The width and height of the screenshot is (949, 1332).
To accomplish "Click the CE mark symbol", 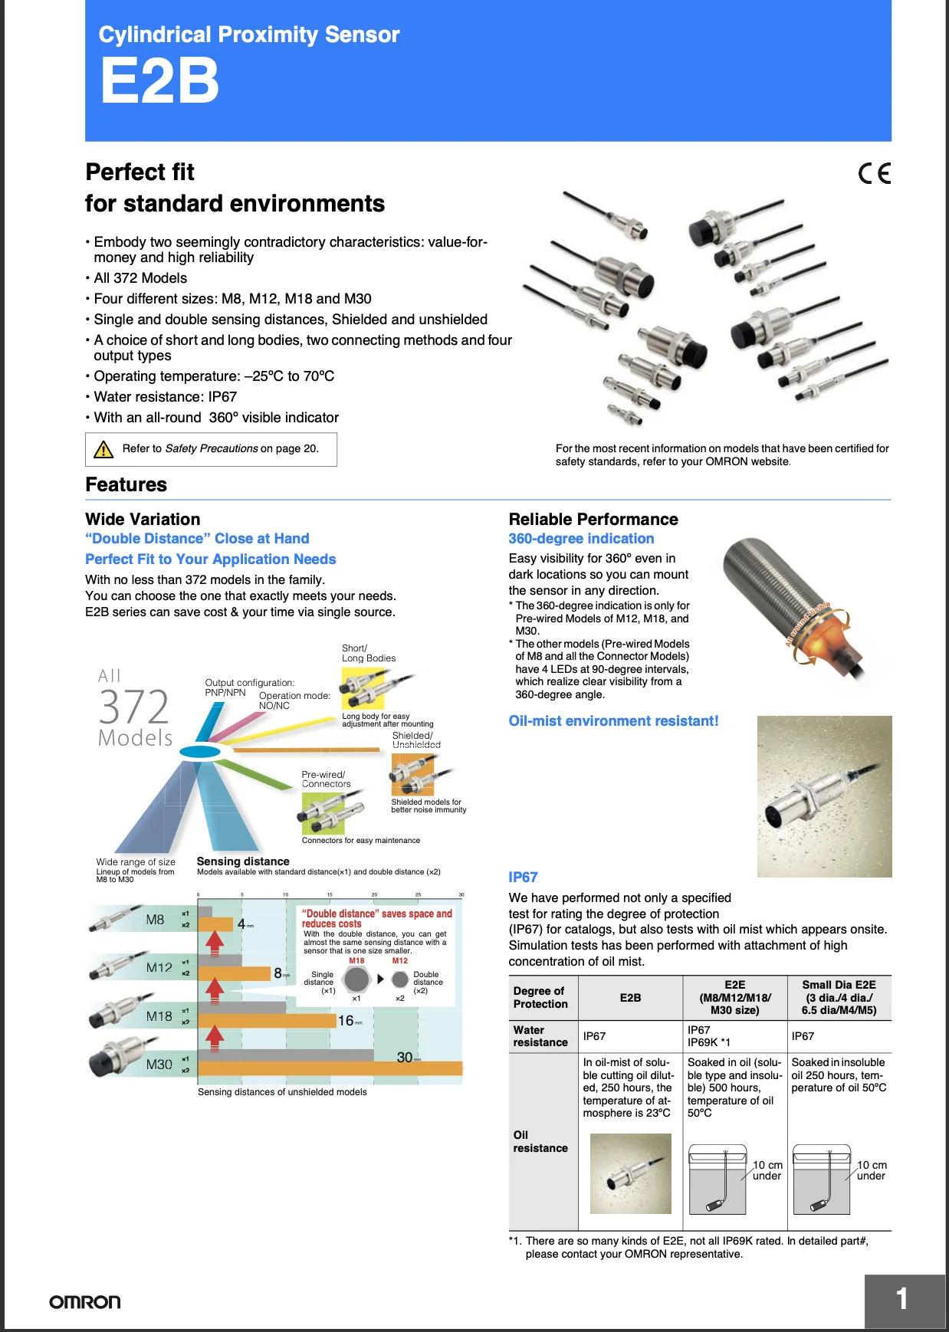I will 875,174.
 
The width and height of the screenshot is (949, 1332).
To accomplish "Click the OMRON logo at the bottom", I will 84,1302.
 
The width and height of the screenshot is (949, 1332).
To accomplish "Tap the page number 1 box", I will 904,1300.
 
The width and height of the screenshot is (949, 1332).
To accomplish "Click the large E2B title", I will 159,82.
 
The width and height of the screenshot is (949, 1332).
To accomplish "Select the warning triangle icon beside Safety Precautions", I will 103,449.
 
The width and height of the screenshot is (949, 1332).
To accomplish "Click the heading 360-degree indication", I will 581,539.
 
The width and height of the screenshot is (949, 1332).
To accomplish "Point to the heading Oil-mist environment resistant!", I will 613,721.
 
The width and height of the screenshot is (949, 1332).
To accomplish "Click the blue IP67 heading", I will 523,878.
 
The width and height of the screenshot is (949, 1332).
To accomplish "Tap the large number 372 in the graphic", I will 134,707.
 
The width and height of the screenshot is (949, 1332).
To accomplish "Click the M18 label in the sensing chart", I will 159,1016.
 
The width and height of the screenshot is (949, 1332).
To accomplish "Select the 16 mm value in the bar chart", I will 346,1021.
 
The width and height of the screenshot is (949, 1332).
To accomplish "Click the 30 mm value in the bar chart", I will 406,1058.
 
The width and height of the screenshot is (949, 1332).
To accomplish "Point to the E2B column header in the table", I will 630,998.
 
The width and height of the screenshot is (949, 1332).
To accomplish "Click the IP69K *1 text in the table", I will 708,1042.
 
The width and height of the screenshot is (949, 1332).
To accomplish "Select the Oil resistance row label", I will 540,1141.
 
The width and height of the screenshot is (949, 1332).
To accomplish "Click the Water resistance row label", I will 540,1036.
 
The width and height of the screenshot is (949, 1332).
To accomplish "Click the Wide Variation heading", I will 143,520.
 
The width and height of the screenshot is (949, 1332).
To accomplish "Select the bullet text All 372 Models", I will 140,278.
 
